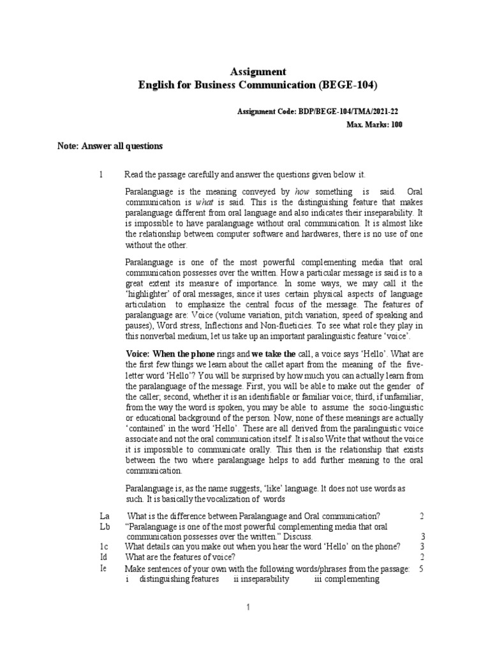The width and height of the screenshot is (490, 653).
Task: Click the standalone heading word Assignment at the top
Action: (x=257, y=71)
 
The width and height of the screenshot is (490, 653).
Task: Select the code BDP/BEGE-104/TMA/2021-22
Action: (x=350, y=111)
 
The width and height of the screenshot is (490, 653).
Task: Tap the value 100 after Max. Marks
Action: (x=396, y=124)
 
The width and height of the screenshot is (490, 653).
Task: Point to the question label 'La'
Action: (x=105, y=515)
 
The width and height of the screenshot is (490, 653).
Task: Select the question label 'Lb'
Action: (x=105, y=526)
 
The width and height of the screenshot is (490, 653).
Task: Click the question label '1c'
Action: (x=105, y=547)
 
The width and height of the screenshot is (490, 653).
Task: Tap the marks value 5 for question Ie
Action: (x=422, y=569)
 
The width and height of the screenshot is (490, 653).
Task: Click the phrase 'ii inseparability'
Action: (x=261, y=579)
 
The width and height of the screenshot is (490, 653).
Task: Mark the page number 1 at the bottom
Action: (x=249, y=609)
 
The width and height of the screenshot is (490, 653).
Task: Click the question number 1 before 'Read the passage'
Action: (x=101, y=175)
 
